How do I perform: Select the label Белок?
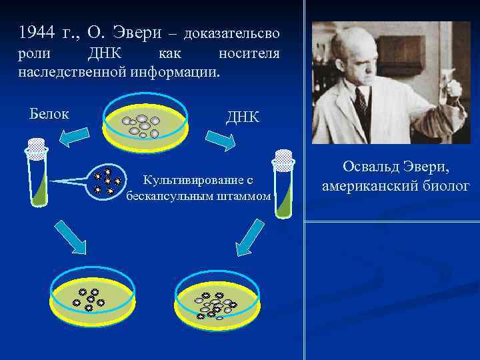pos(49,113)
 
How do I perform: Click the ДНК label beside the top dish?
pos(243,118)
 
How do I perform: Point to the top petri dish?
pos(145,126)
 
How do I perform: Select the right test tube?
pos(283,183)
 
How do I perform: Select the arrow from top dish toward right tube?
pos(219,139)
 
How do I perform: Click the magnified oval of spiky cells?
pos(107,181)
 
